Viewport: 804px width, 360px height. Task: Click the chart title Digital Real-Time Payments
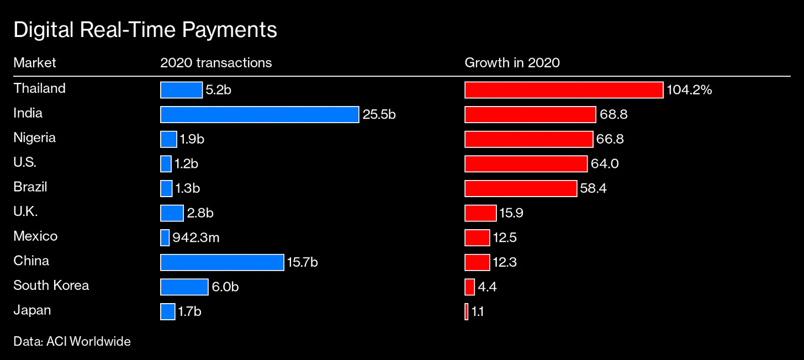[145, 30]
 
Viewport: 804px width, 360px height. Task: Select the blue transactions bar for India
[260, 114]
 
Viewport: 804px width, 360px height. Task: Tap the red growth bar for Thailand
[564, 90]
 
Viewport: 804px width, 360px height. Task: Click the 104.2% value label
[689, 90]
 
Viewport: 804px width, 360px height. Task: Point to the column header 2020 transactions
[216, 62]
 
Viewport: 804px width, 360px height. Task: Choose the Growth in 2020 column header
[512, 62]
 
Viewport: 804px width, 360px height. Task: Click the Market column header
[35, 62]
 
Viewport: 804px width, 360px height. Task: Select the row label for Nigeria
[34, 137]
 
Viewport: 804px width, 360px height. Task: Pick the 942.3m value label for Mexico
[196, 237]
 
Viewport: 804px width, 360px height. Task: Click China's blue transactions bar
[222, 262]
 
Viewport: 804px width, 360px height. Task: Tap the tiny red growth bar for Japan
[467, 311]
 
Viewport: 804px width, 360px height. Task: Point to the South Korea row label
[51, 285]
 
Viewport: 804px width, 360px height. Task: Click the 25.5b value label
[379, 115]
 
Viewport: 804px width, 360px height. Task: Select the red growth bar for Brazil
[521, 188]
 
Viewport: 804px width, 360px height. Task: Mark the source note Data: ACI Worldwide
[72, 341]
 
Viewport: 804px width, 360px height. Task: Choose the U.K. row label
[25, 211]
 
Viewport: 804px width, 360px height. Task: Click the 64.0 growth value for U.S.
[604, 164]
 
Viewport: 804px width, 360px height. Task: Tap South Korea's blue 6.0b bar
[184, 287]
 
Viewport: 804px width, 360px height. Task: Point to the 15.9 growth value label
[512, 213]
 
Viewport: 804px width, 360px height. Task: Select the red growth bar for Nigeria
[528, 139]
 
